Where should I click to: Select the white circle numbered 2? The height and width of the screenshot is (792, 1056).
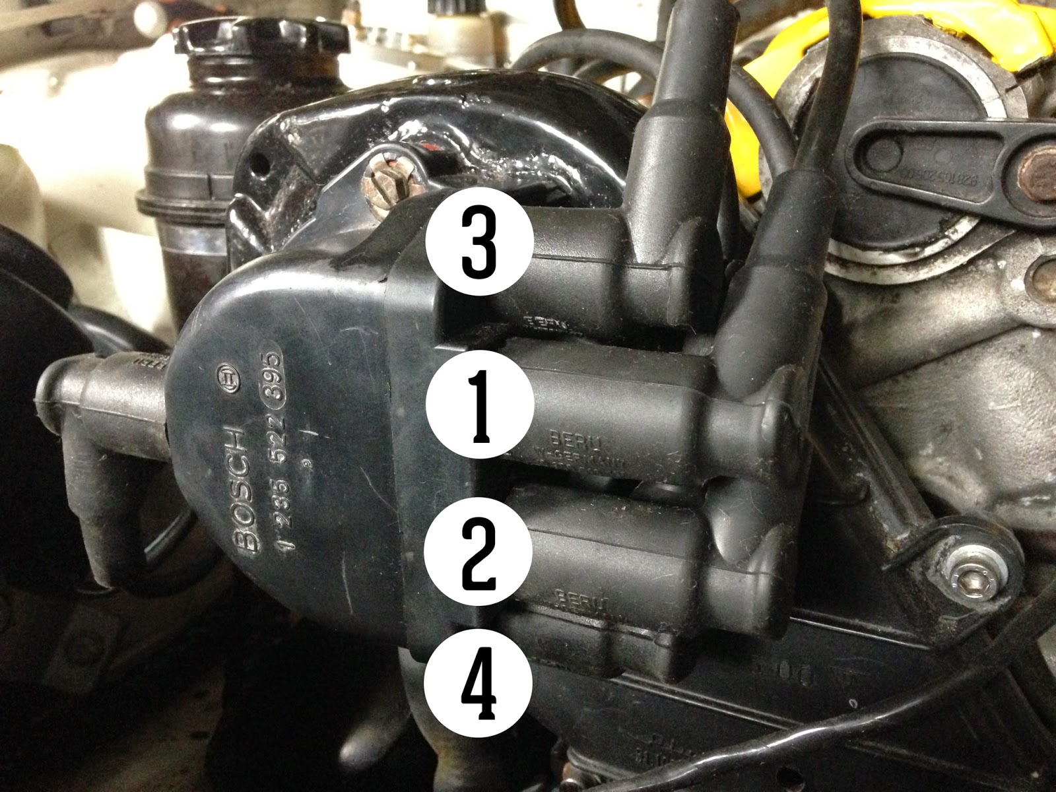point(479,553)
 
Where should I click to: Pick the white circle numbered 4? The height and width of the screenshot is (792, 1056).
point(479,686)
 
